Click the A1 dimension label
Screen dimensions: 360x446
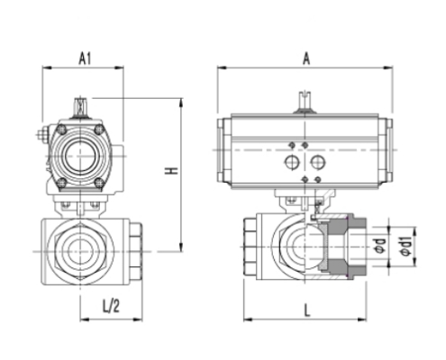(86, 58)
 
